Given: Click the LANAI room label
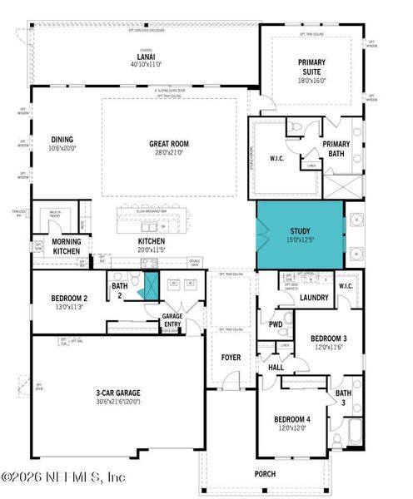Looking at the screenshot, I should coord(139,57).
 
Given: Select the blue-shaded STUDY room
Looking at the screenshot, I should coord(300,235).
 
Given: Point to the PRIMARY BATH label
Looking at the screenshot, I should coord(337,149).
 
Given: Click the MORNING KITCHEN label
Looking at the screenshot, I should coord(49,247).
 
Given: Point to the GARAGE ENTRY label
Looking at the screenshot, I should coord(172,319).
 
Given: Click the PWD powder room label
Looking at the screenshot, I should coord(275,324).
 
